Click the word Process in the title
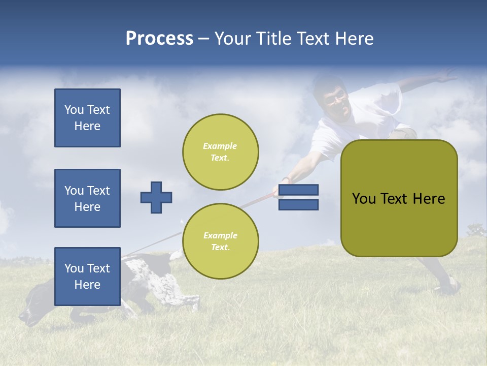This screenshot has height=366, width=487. [159, 39]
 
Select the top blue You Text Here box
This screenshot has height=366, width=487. [87, 118]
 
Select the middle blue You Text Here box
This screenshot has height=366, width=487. [87, 198]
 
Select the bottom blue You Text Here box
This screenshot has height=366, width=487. [87, 277]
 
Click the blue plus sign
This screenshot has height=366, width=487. [156, 197]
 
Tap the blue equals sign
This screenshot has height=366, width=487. [298, 197]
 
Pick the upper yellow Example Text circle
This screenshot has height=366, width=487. [221, 152]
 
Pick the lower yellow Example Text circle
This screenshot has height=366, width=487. [221, 241]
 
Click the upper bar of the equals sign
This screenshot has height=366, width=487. [298, 190]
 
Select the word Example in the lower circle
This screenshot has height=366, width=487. [220, 235]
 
